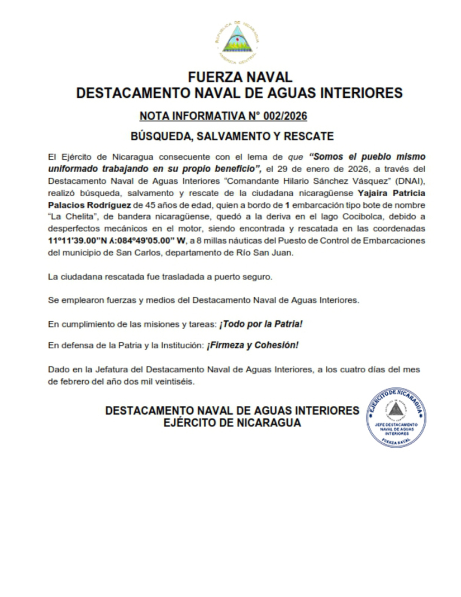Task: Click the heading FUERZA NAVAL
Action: pos(240,77)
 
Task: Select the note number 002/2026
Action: pos(285,116)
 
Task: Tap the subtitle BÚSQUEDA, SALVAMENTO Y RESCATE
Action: pos(232,136)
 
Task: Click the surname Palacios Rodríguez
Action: pos(89,205)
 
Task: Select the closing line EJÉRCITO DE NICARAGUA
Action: pos(232,423)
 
